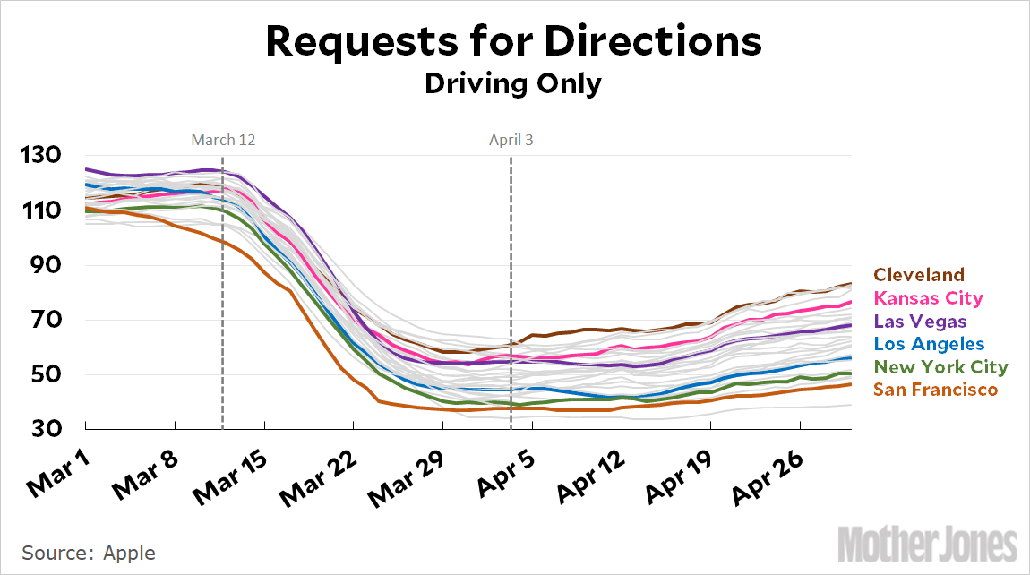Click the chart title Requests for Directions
tap(514, 41)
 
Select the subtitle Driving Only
tap(512, 83)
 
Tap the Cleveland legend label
tap(919, 275)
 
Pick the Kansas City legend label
tap(928, 298)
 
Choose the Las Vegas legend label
tap(920, 321)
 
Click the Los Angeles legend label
tap(929, 344)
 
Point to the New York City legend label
tap(940, 367)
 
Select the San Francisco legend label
tap(935, 390)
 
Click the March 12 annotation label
tap(223, 140)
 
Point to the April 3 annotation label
tap(511, 140)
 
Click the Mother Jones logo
tap(928, 544)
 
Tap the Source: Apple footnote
tap(89, 553)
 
